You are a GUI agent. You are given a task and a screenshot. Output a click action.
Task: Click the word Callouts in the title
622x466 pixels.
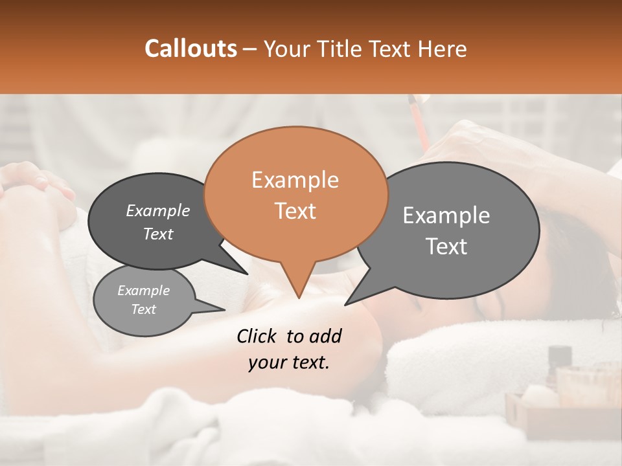pyautogui.click(x=190, y=49)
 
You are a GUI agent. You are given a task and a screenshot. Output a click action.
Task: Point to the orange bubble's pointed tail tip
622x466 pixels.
pyautogui.click(x=299, y=297)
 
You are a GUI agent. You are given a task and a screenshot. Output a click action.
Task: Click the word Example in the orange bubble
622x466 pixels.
pyautogui.click(x=295, y=180)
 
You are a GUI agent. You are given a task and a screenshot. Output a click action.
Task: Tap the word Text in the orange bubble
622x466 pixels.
pyautogui.click(x=295, y=211)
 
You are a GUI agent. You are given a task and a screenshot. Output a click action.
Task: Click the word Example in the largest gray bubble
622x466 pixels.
pyautogui.click(x=446, y=216)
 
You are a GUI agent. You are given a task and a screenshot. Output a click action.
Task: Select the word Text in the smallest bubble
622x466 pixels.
pyautogui.click(x=143, y=309)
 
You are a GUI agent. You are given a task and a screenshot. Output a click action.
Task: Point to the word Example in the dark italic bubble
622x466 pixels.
pyautogui.click(x=157, y=211)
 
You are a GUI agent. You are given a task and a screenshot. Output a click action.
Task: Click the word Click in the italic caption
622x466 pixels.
pyautogui.click(x=257, y=336)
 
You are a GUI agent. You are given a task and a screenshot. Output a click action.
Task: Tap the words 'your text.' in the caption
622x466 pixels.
pyautogui.click(x=288, y=363)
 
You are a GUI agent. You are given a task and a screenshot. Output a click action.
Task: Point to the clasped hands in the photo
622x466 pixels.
pyautogui.click(x=39, y=184)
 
